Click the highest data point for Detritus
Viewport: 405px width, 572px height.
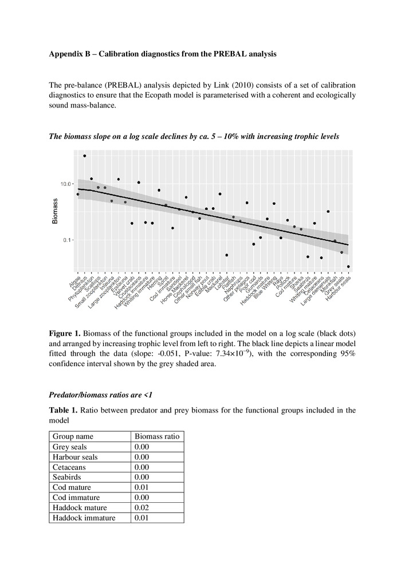85,156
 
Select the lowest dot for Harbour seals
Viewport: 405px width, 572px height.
348,267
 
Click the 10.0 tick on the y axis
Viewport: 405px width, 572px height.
65,184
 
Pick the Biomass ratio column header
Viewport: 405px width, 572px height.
156,436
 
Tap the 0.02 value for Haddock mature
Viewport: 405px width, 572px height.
141,508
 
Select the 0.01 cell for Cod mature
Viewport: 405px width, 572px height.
141,488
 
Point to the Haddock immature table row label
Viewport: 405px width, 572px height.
84,518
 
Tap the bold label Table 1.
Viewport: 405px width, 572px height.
63,410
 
